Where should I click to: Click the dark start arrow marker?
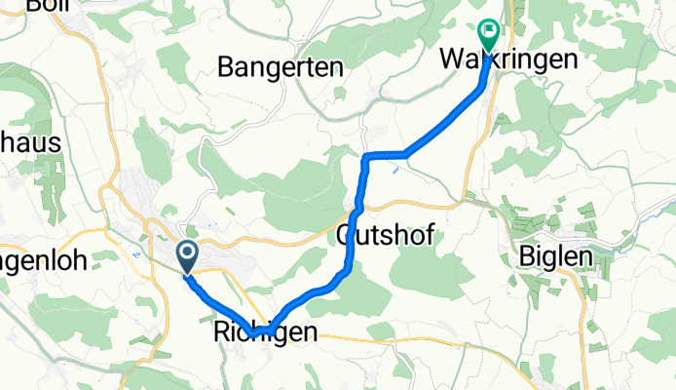point(187,254)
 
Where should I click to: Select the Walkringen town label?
point(507,59)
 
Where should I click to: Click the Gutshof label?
point(385,235)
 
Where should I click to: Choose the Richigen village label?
point(264,332)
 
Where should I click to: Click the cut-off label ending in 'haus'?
point(30,142)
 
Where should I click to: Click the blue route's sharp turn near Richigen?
point(255,333)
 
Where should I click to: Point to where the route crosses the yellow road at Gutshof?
point(357,208)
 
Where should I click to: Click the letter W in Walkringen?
point(452,59)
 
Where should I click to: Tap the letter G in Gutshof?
point(345,235)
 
